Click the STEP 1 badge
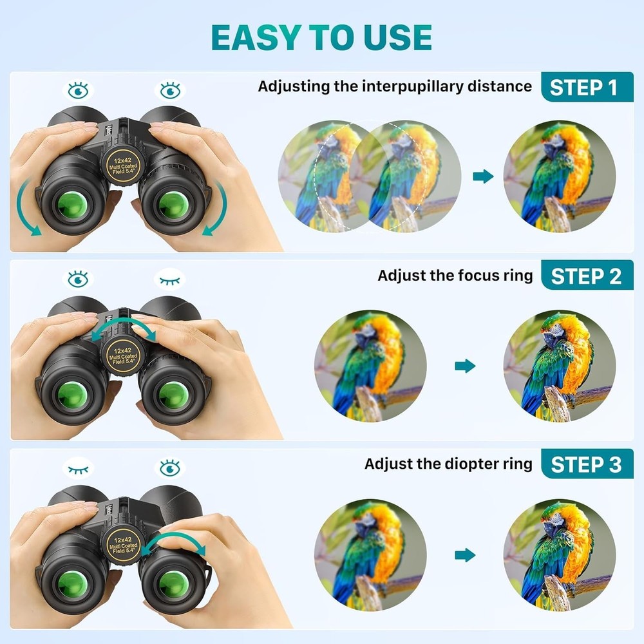[x=587, y=87]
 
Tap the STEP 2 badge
[x=587, y=276]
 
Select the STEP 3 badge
[x=587, y=464]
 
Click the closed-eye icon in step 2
[x=170, y=279]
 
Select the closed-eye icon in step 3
[x=79, y=468]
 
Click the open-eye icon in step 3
[x=170, y=467]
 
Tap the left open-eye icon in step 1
[x=79, y=90]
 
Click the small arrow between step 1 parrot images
[x=483, y=176]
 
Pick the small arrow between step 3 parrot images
[x=464, y=554]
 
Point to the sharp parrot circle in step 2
[x=559, y=366]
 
